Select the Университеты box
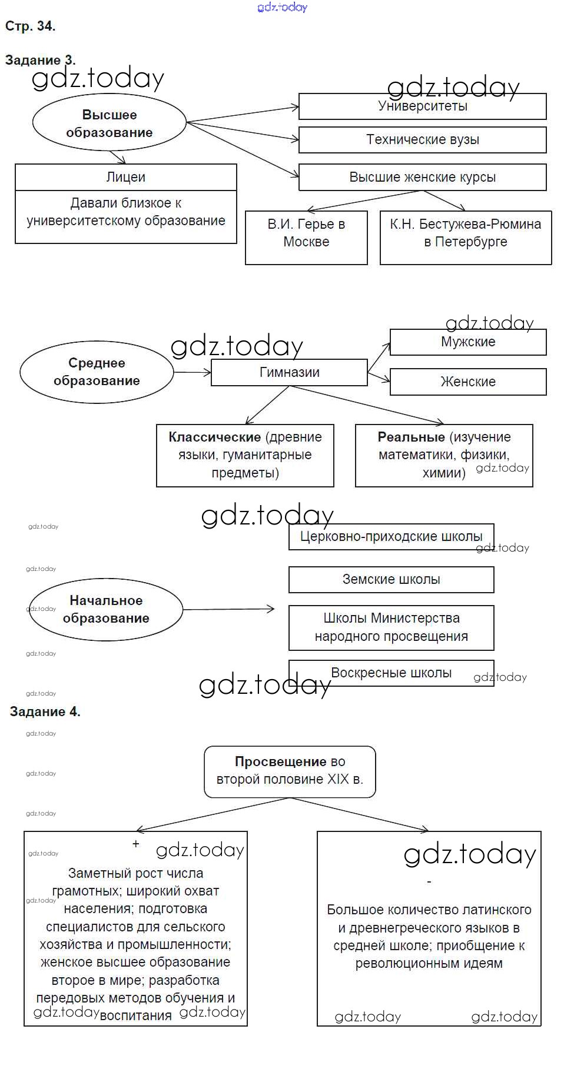pyautogui.click(x=422, y=106)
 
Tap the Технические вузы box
pyautogui.click(x=422, y=140)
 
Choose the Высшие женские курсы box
pyautogui.click(x=422, y=177)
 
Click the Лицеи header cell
pyautogui.click(x=125, y=177)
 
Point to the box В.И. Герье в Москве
pyautogui.click(x=306, y=238)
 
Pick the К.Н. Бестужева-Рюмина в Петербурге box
pyautogui.click(x=466, y=238)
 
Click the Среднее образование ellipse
pyautogui.click(x=97, y=372)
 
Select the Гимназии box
pyautogui.click(x=289, y=373)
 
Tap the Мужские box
pyautogui.click(x=468, y=342)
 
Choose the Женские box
pyautogui.click(x=468, y=382)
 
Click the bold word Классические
pyautogui.click(x=214, y=437)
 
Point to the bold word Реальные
pyautogui.click(x=411, y=437)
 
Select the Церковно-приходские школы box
pyautogui.click(x=391, y=537)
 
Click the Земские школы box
pyautogui.click(x=391, y=580)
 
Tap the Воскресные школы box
pyautogui.click(x=391, y=673)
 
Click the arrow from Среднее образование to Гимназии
pyautogui.click(x=193, y=372)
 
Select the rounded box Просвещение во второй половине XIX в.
pyautogui.click(x=290, y=771)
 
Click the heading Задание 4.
pyautogui.click(x=45, y=711)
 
